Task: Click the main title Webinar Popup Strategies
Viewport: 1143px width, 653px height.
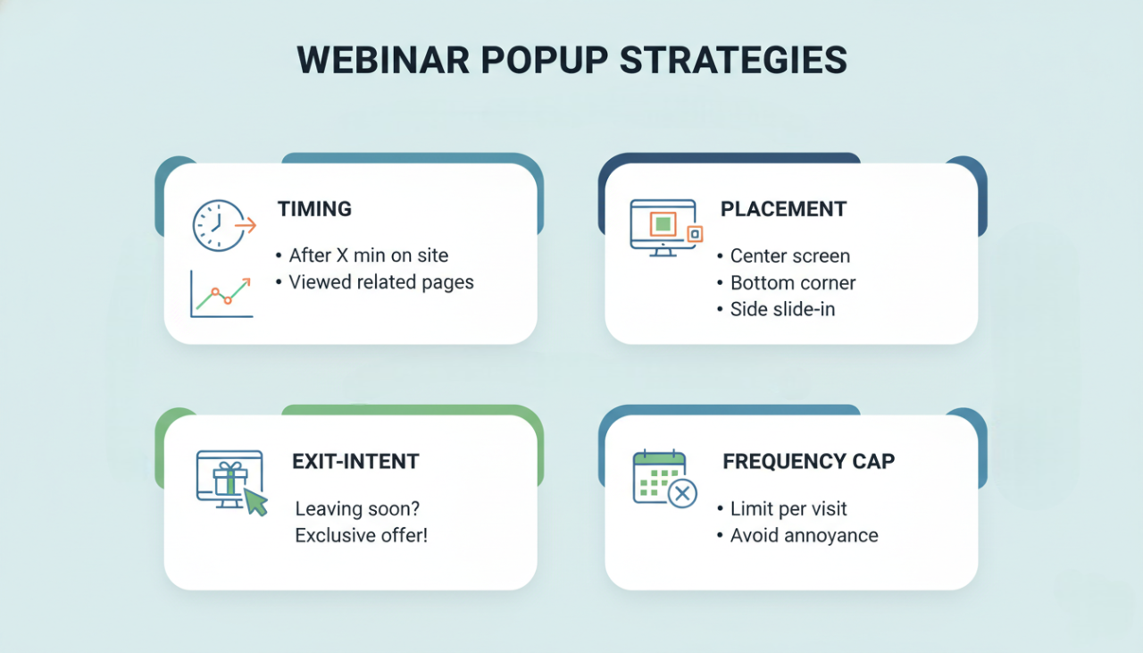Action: [x=571, y=61]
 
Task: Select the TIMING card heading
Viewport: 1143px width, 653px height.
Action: [x=314, y=209]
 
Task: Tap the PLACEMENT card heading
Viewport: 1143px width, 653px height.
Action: [x=783, y=209]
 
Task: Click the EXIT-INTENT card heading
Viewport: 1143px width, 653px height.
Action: [x=355, y=462]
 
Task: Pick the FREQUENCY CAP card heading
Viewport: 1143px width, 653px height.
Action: [x=808, y=462]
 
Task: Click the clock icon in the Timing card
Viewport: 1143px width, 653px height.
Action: [x=218, y=225]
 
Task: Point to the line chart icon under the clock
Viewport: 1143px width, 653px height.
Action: [x=221, y=294]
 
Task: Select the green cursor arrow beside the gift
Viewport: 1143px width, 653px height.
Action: [x=255, y=501]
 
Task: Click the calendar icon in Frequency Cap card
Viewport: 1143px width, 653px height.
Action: [x=659, y=476]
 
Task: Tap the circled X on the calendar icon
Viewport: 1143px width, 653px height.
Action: [x=682, y=493]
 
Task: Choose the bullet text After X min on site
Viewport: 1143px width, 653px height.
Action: [x=368, y=255]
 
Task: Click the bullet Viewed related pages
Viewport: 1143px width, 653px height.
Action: [x=380, y=282]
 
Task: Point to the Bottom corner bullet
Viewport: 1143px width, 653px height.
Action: [x=793, y=283]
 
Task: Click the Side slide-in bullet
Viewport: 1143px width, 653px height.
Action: [x=782, y=310]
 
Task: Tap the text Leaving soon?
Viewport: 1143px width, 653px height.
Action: [x=357, y=509]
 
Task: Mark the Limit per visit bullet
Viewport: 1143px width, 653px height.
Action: [x=788, y=509]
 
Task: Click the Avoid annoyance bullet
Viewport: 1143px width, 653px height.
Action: [x=804, y=536]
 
